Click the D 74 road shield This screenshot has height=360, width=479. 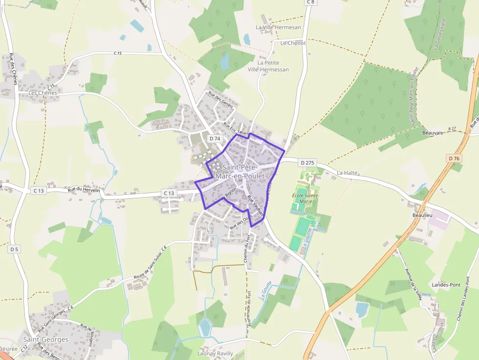pos(215,139)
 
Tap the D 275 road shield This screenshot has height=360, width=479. pos(308,163)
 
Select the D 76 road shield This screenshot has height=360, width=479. pos(454,158)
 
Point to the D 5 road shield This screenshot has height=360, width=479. pos(14,249)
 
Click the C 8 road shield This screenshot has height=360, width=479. pos(311,2)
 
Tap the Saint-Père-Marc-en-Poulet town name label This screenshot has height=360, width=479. pos(239,172)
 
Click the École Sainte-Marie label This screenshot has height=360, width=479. pos(306,198)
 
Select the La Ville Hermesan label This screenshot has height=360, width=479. pos(279,27)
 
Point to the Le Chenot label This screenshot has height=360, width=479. pos(293,43)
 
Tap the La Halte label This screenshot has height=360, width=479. pos(348,173)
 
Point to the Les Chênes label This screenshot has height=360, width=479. pos(43,93)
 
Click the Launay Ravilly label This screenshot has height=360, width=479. pos(216,354)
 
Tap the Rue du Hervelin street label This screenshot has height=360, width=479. pos(84,190)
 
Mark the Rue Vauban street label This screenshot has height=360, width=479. pos(256,205)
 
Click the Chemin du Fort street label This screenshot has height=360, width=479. pos(247,249)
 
